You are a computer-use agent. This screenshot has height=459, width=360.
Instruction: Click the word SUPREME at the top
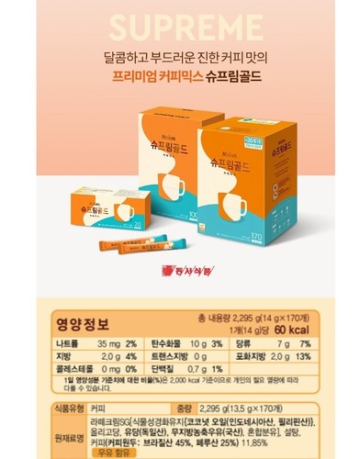[x=179, y=23]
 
